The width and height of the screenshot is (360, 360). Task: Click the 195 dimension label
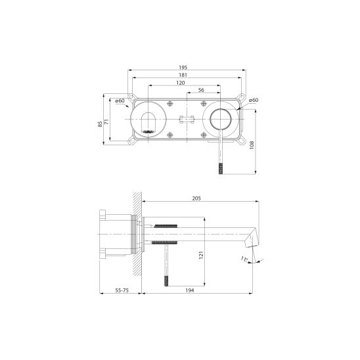183,68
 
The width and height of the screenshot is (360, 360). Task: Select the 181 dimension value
183,75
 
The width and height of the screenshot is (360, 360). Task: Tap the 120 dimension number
181,83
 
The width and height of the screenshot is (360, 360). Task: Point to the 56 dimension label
201,90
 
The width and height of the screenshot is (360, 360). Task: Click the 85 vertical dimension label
100,124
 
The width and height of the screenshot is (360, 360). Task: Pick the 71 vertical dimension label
107,122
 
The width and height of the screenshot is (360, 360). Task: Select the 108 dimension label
252,145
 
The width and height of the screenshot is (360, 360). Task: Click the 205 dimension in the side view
196,198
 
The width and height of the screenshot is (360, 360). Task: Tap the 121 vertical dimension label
201,256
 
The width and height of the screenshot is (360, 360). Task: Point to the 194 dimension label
190,290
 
